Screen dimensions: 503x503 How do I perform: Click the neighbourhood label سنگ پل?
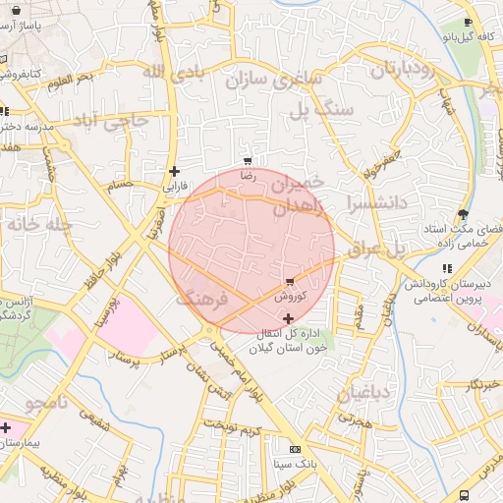tap(318, 109)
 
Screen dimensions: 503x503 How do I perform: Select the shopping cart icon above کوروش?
tap(289, 282)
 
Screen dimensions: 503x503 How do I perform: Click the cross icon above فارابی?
tap(174, 171)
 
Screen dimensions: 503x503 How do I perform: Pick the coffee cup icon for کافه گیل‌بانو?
tap(468, 23)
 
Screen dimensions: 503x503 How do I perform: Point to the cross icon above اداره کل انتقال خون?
tap(287, 318)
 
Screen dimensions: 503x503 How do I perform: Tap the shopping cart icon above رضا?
tap(249, 161)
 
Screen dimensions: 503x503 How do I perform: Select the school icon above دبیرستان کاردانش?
tap(448, 268)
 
